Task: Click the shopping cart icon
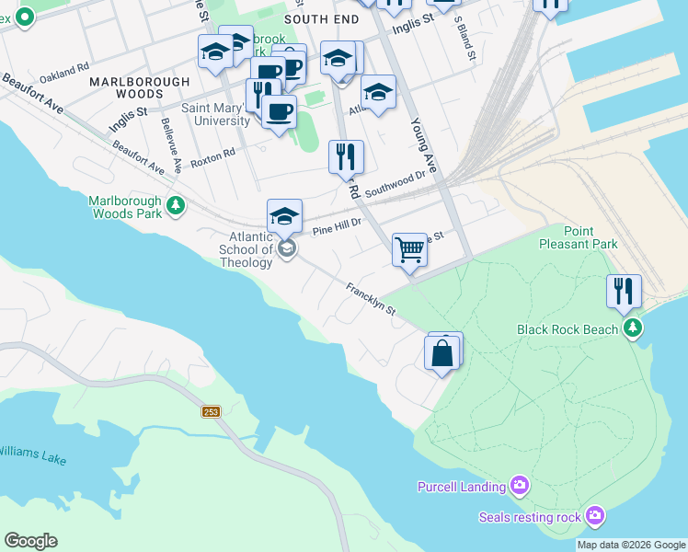409,249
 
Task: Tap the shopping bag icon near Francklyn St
442,353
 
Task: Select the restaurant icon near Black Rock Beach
624,291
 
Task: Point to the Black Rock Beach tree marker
632,328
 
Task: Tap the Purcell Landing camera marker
520,485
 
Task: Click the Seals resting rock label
530,517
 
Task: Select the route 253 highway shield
212,411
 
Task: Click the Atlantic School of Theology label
251,249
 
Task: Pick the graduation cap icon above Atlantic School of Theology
284,216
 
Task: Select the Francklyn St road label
371,298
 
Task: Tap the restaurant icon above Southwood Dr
346,156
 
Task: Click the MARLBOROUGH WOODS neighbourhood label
139,87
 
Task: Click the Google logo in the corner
30,541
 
